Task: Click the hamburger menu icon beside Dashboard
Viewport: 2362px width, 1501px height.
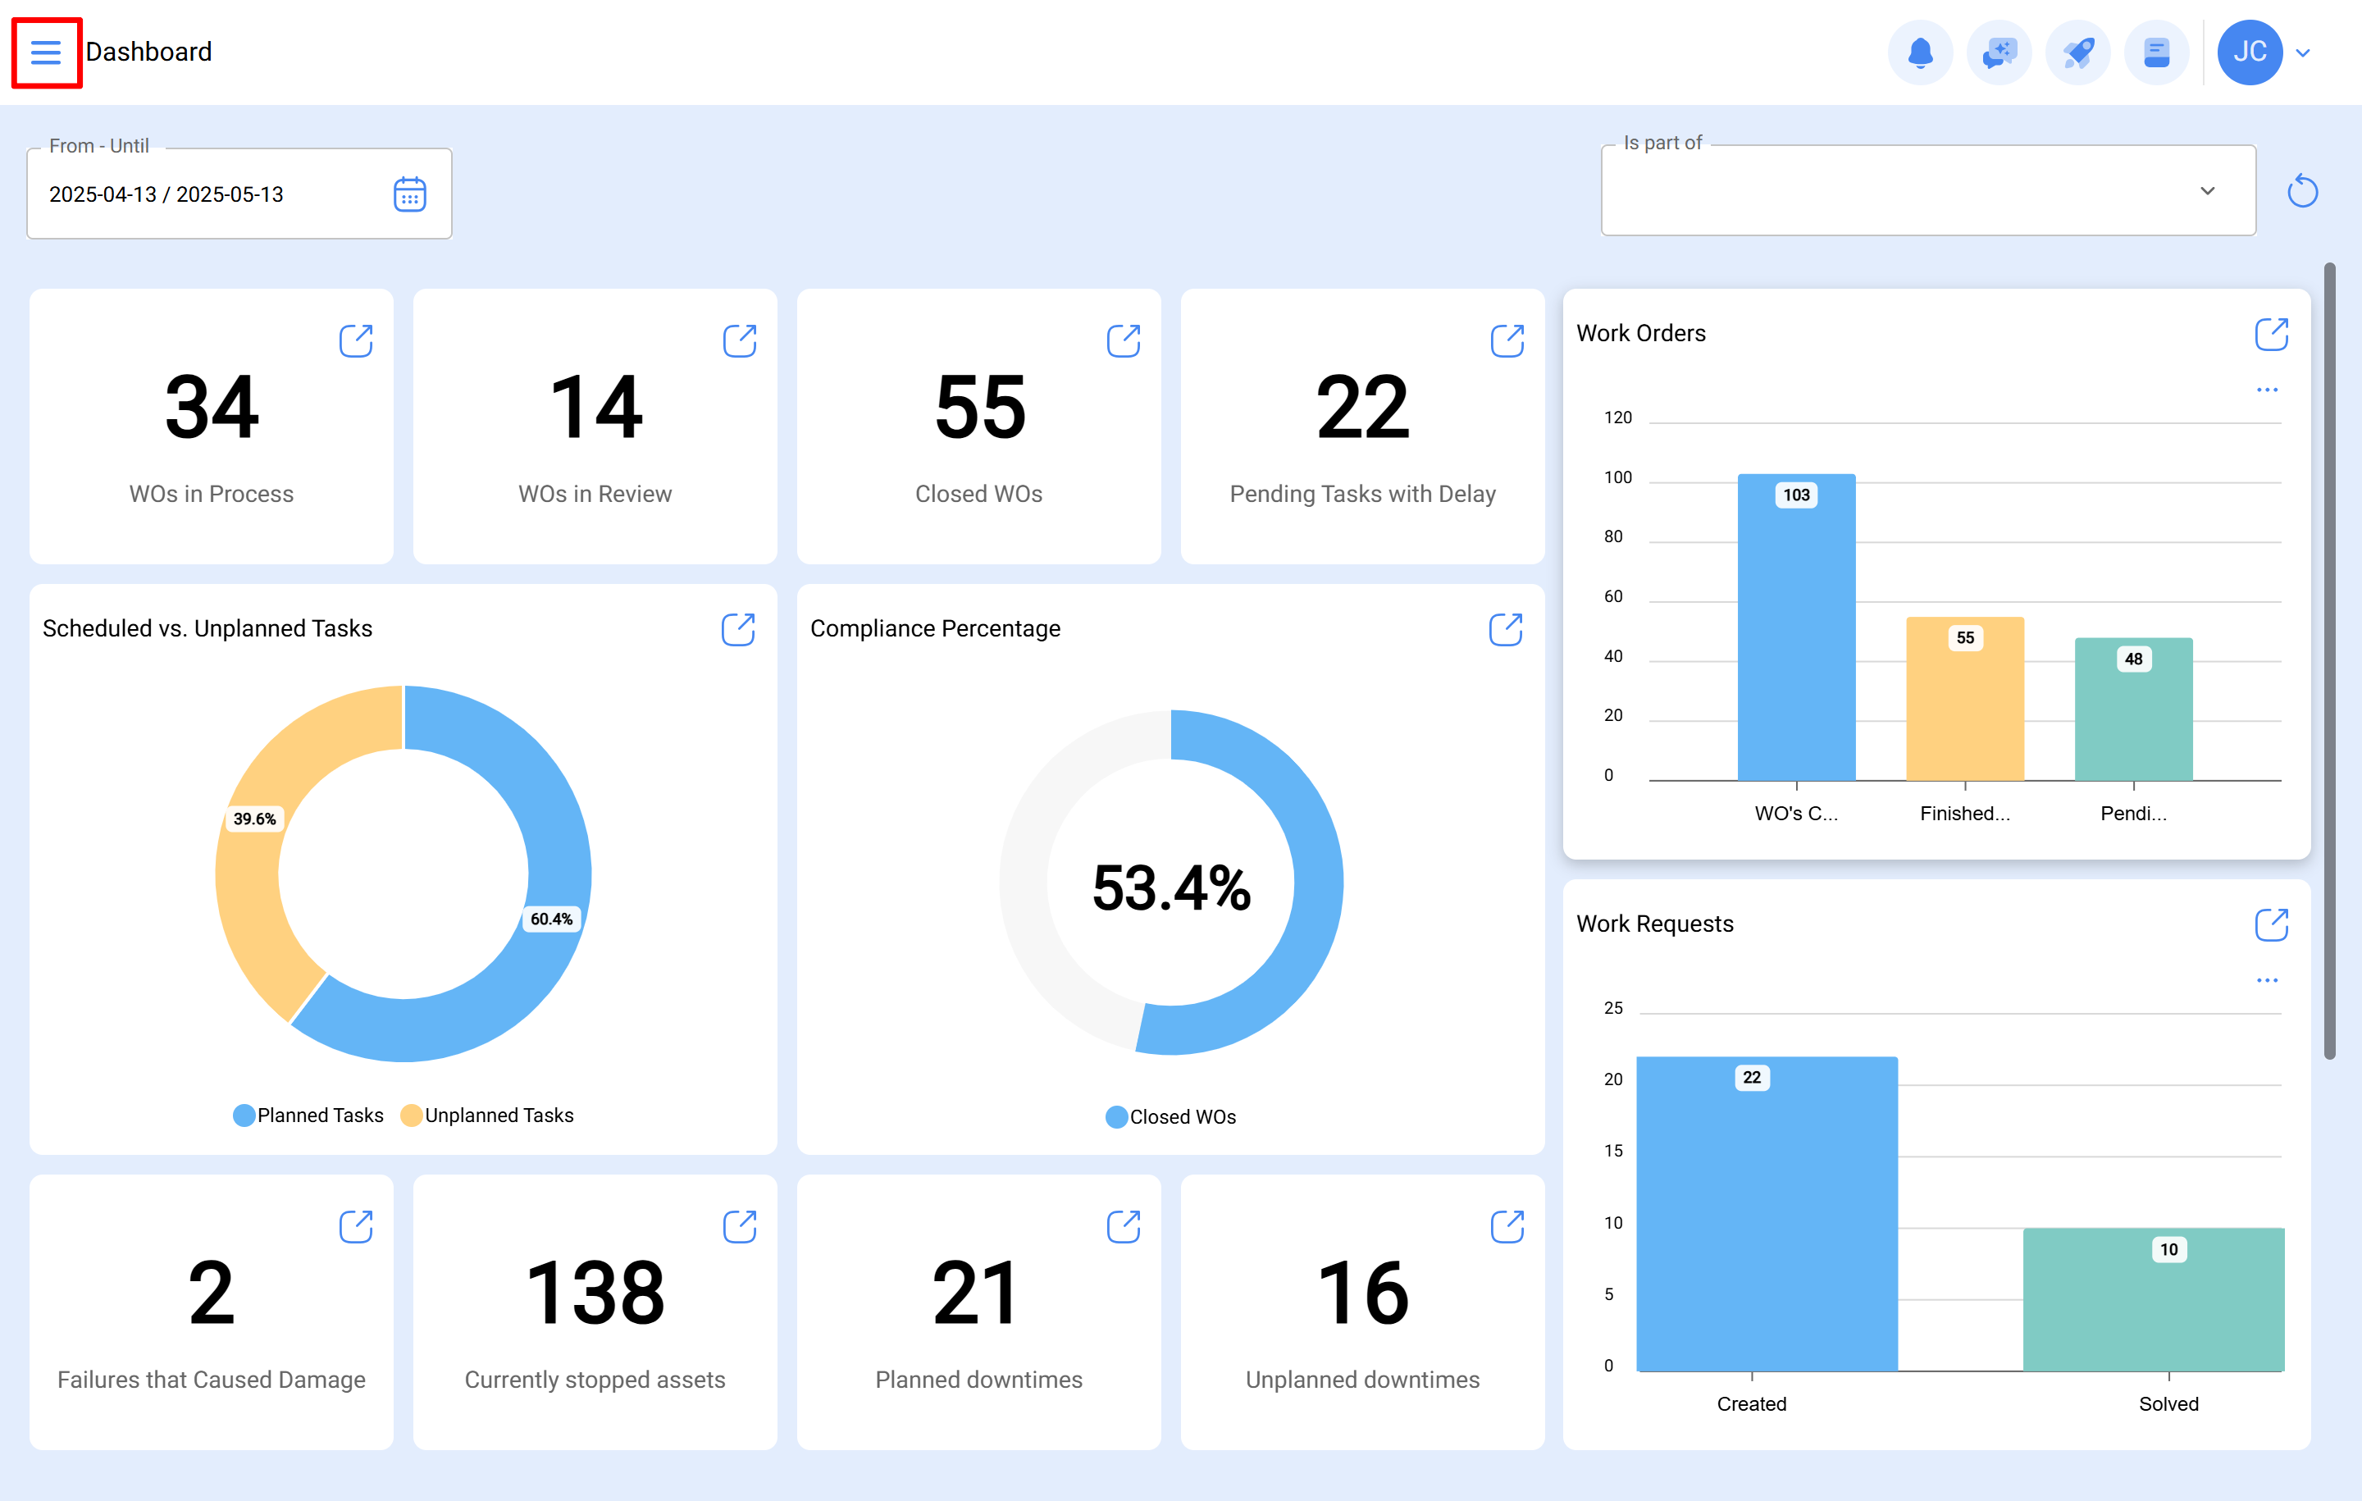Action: click(x=46, y=52)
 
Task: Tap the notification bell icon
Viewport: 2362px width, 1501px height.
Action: click(x=1920, y=52)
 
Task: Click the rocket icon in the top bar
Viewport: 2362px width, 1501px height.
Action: click(x=2077, y=52)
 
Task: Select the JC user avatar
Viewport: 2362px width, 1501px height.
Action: click(x=2249, y=52)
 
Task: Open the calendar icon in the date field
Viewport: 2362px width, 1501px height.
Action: click(x=409, y=194)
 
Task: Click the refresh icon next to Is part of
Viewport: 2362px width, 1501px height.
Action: click(x=2302, y=190)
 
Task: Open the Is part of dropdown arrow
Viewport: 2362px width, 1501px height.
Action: click(x=2207, y=190)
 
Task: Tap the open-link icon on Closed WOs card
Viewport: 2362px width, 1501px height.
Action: click(x=1123, y=340)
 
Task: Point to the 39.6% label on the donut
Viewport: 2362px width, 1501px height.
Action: click(x=254, y=819)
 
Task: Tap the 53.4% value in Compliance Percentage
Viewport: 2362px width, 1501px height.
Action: click(x=1171, y=887)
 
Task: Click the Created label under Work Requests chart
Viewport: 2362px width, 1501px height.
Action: click(x=1751, y=1404)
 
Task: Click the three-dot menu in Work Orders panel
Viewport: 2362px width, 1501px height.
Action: click(x=2267, y=390)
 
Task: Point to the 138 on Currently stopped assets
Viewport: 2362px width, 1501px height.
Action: click(x=595, y=1293)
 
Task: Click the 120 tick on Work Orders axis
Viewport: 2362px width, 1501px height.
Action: click(x=1617, y=418)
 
